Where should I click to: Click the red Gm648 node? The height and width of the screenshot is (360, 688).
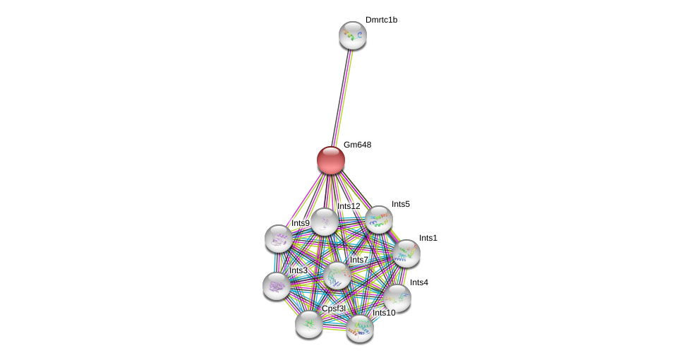tap(331, 160)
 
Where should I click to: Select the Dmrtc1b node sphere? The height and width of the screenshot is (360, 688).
tap(353, 35)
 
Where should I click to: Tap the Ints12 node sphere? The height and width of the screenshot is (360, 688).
tap(325, 222)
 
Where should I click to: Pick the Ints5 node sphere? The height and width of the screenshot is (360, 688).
tap(379, 220)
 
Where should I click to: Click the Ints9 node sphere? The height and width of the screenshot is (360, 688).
tap(279, 239)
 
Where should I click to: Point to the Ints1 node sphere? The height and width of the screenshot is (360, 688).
tap(406, 253)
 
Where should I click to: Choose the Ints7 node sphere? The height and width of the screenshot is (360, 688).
tap(337, 276)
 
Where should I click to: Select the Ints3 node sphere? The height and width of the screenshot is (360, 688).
tap(277, 287)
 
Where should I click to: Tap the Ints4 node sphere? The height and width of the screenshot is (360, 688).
tap(397, 299)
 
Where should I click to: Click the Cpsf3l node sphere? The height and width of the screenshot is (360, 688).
tap(309, 325)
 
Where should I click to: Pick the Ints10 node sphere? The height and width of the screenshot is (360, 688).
tap(360, 329)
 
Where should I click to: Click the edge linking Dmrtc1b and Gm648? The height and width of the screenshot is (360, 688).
tap(342, 98)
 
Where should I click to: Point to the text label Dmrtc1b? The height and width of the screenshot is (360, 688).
tap(381, 20)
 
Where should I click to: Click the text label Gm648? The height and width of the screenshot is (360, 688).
tap(357, 145)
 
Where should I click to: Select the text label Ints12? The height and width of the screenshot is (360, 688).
tap(349, 206)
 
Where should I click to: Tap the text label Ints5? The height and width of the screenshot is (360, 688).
tap(401, 204)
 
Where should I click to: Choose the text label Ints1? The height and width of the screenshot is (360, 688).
tap(428, 238)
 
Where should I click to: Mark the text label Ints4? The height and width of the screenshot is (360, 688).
tap(419, 282)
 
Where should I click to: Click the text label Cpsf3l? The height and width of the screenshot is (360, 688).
tap(334, 308)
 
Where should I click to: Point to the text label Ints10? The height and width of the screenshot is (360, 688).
tap(384, 313)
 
